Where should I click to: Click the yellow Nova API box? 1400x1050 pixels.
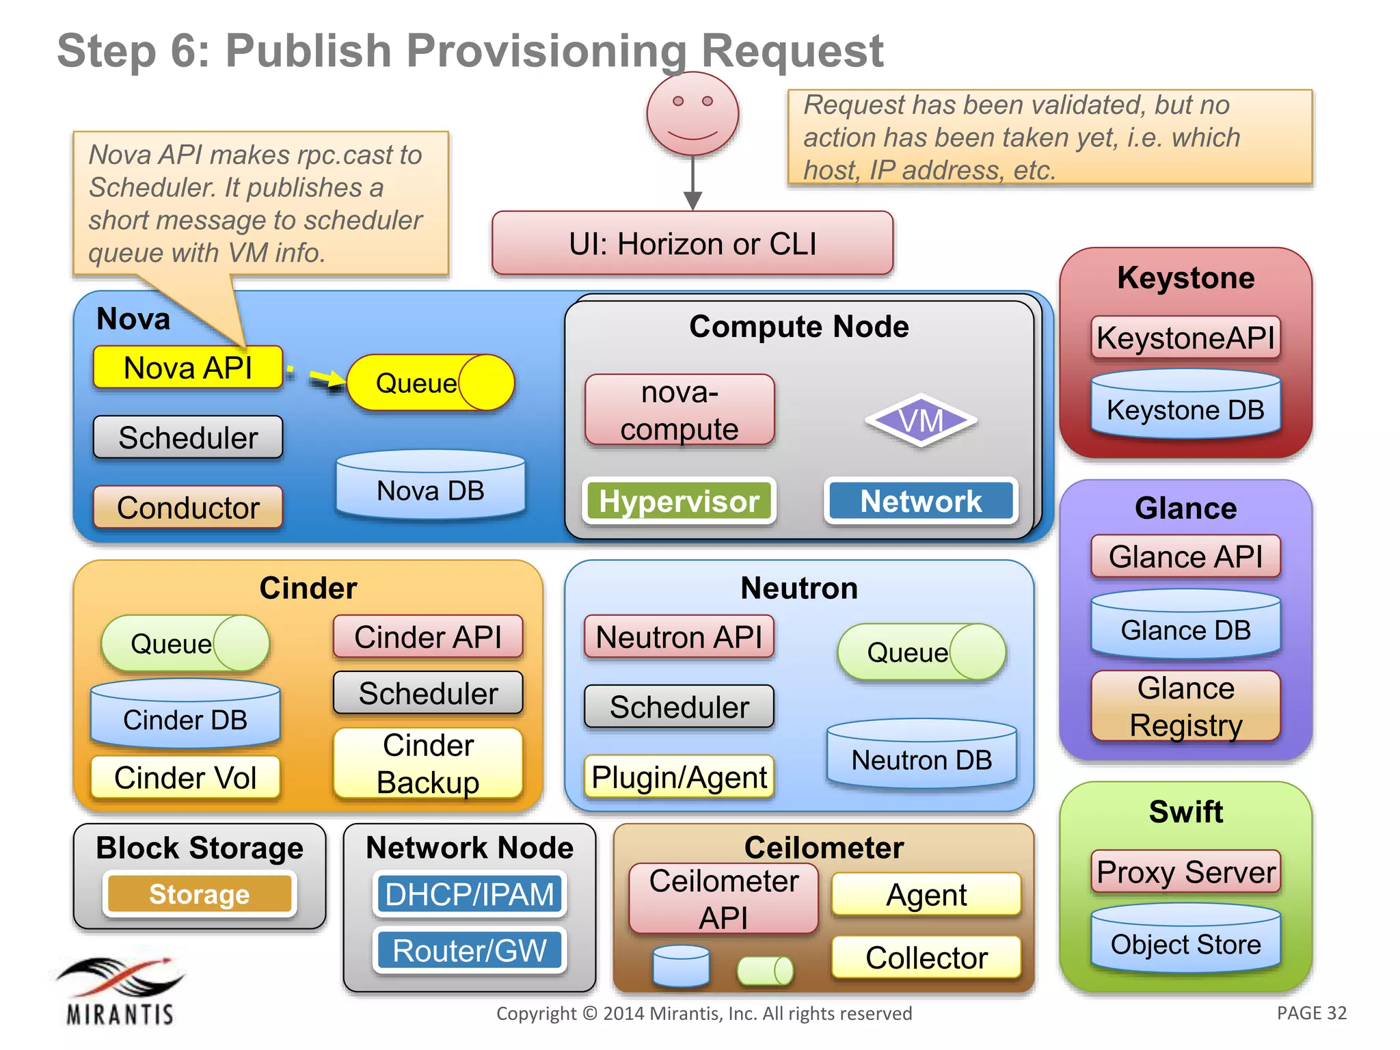click(187, 368)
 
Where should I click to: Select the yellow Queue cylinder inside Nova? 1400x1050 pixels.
click(430, 383)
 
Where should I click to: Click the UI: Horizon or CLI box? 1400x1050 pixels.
click(692, 244)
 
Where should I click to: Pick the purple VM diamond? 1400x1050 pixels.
click(921, 420)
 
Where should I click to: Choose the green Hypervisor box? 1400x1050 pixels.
click(679, 501)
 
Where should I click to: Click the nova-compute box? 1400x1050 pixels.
click(679, 410)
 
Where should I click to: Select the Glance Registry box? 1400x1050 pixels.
click(1185, 706)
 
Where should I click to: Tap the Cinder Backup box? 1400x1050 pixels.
click(428, 763)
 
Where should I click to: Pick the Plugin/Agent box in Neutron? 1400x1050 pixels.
click(679, 777)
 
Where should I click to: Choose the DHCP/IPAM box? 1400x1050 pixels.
click(469, 894)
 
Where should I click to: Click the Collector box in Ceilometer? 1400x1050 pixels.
click(926, 957)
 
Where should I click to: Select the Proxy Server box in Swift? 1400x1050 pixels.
click(1185, 872)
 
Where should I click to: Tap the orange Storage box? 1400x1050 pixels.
click(199, 894)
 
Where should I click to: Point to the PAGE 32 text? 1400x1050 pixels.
click(1311, 1013)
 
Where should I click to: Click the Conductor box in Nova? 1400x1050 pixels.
click(187, 507)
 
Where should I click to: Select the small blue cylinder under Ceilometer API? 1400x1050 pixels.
click(681, 966)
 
